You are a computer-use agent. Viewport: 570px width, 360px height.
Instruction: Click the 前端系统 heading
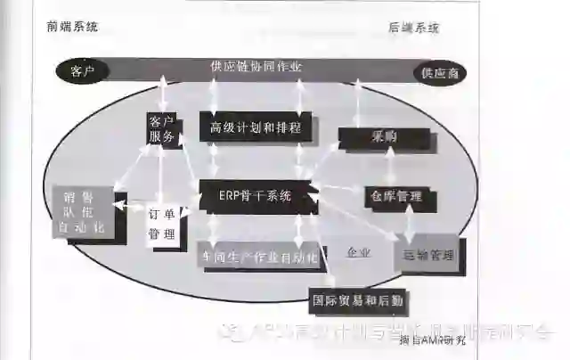click(73, 27)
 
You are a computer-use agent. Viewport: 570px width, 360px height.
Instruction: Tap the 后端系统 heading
click(414, 28)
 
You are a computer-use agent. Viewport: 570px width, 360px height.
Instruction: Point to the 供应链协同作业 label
click(256, 67)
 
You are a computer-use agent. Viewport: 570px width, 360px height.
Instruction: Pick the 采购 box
click(384, 137)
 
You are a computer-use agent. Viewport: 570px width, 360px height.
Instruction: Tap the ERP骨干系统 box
click(256, 195)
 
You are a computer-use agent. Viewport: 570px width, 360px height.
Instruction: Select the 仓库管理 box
click(392, 196)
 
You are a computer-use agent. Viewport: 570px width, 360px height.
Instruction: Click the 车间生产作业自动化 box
click(256, 256)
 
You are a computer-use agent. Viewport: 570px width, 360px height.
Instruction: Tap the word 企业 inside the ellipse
click(358, 252)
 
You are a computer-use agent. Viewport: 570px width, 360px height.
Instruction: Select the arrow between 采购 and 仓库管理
click(389, 167)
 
